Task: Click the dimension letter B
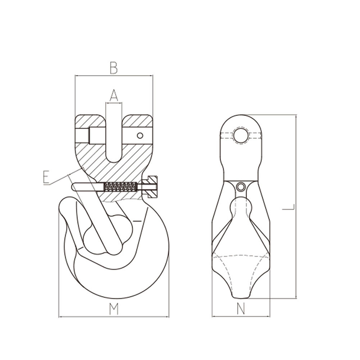(x=114, y=68)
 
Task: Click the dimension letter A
(x=114, y=95)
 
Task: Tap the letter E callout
(x=46, y=177)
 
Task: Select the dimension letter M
(x=114, y=309)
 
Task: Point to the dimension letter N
(x=241, y=309)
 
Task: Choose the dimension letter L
(x=288, y=207)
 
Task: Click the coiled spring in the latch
(x=120, y=187)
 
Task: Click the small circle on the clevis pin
(x=140, y=135)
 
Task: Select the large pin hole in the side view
(x=241, y=135)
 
